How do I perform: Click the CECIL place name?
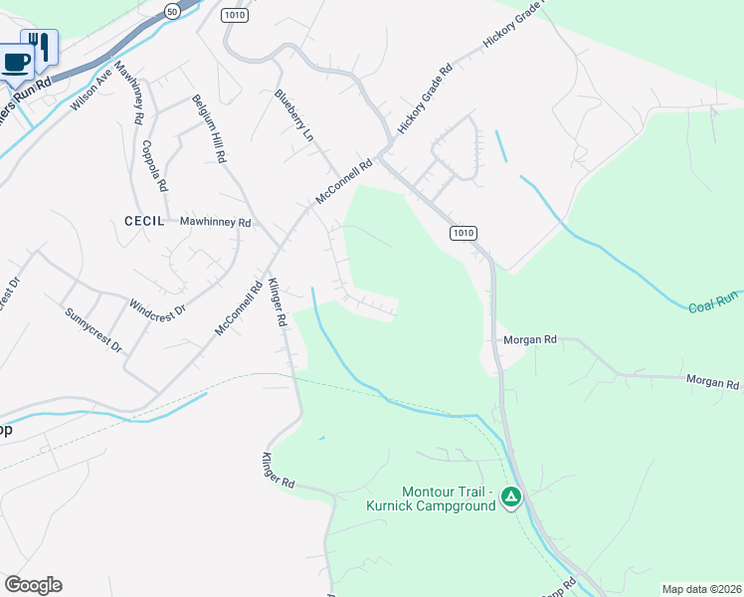click(x=144, y=220)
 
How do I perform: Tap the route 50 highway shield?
click(x=172, y=12)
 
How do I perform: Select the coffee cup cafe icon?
click(x=16, y=62)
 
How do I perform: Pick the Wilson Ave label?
click(x=91, y=88)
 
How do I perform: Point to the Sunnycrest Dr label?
click(x=93, y=331)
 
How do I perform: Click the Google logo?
click(x=33, y=585)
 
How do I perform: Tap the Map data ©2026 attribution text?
click(x=700, y=588)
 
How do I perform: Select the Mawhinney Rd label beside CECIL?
click(x=215, y=223)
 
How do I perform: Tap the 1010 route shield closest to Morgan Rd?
click(x=463, y=233)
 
